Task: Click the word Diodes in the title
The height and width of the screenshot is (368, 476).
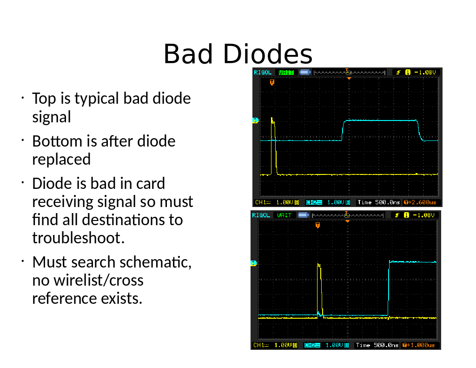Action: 267,54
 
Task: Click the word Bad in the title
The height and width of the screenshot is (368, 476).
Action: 188,54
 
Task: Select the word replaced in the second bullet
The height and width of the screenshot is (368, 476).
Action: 61,159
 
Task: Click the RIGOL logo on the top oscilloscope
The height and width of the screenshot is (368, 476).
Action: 262,72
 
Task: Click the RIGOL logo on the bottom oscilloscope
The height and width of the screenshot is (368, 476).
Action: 261,215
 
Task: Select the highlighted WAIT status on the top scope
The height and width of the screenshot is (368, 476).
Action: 286,72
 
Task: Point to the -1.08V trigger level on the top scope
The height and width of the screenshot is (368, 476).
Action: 425,72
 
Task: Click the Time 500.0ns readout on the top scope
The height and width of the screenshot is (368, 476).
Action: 378,202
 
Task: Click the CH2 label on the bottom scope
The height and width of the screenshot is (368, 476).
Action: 312,345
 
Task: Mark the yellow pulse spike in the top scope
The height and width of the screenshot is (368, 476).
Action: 274,146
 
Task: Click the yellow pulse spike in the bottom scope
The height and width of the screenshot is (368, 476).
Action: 320,290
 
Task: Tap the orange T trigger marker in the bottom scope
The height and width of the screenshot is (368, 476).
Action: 317,225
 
